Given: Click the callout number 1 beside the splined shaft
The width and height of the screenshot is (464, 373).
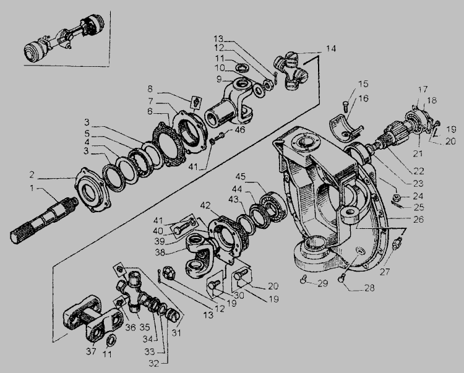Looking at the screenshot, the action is click(32, 188).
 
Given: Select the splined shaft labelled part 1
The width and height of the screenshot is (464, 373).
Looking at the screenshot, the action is click(44, 219).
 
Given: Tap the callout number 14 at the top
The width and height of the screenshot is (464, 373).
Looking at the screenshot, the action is click(331, 48).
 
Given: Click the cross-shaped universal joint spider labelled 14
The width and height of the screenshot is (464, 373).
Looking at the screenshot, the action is click(291, 70).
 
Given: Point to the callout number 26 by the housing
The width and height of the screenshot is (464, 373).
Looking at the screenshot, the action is click(418, 219).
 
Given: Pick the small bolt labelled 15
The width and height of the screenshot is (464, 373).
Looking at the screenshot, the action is click(345, 106).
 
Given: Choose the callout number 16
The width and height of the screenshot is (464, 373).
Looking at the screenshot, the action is click(363, 98).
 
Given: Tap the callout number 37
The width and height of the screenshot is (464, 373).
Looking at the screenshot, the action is click(91, 351).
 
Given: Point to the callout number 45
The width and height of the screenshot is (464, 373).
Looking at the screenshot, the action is click(241, 176).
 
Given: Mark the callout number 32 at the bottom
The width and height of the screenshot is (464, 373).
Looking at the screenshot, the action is click(153, 364).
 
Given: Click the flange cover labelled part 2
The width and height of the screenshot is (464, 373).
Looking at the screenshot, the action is click(92, 189).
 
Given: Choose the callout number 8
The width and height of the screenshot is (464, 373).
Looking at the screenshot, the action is click(150, 88).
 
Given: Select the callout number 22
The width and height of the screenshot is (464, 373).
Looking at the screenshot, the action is click(419, 171).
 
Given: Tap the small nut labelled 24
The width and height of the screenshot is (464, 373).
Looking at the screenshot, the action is click(398, 197).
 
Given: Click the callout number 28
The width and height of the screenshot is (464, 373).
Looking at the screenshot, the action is click(369, 288).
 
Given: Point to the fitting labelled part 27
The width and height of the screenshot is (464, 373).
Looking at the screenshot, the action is click(396, 242).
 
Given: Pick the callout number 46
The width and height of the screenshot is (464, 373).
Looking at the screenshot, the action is click(239, 129).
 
